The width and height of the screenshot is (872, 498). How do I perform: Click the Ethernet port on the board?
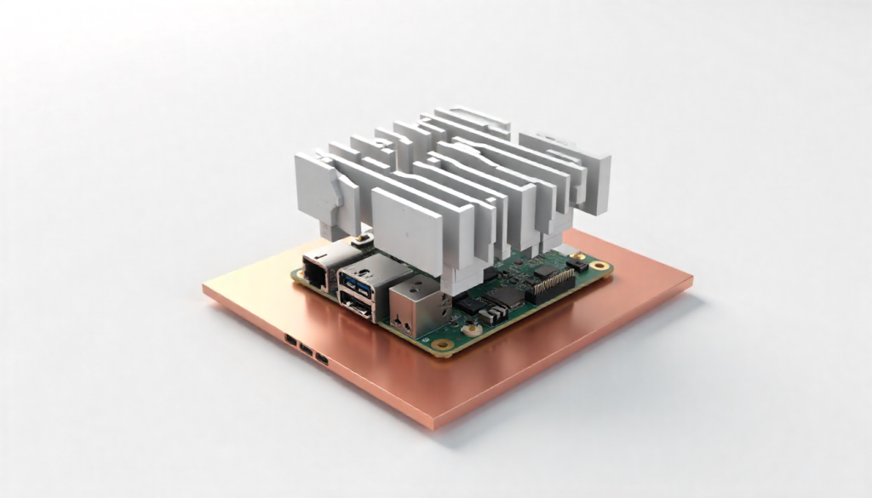(318, 271)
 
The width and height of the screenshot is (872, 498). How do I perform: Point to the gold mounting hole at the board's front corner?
(442, 345)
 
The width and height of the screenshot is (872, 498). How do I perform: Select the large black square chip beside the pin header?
(508, 295)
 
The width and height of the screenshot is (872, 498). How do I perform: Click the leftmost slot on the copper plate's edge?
(291, 340)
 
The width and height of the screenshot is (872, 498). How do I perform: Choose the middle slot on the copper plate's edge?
(306, 348)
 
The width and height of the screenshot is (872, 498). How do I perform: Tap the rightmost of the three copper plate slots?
(321, 358)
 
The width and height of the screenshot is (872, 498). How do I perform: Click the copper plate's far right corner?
(691, 279)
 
